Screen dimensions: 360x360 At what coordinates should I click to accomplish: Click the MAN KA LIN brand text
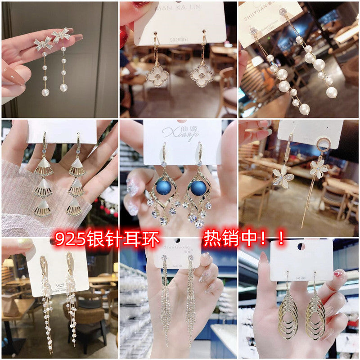180,9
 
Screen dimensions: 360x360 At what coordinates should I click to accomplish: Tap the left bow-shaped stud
43,43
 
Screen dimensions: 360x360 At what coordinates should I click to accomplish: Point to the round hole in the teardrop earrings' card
301,246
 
